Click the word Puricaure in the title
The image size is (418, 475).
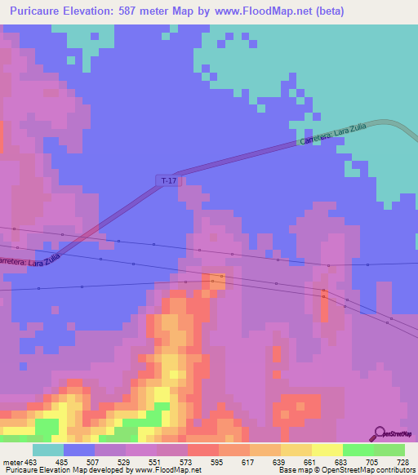coord(41,11)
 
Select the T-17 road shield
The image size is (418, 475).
coord(168,180)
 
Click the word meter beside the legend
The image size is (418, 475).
coord(12,461)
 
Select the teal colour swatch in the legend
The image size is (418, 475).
coord(47,450)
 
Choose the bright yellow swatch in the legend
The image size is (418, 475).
coord(327,450)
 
